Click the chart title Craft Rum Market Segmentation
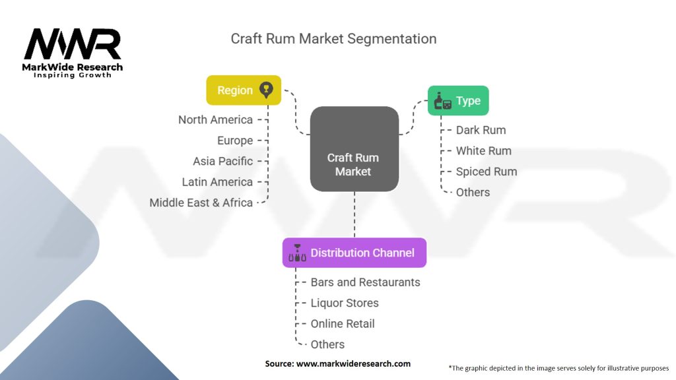click(333, 39)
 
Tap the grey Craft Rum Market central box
click(355, 149)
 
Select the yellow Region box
click(244, 90)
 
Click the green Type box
click(458, 101)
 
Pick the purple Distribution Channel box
click(355, 253)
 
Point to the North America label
click(216, 120)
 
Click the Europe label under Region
click(235, 141)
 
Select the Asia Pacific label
click(223, 161)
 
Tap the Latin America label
click(217, 182)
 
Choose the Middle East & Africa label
click(201, 203)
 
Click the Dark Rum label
click(481, 130)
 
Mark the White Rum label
click(484, 151)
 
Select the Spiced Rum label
click(487, 172)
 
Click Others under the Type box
click(473, 192)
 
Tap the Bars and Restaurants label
click(366, 282)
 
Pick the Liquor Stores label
click(345, 303)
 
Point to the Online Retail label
click(343, 323)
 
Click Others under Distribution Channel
click(327, 344)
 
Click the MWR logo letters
click(73, 44)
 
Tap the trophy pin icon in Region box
click(266, 90)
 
